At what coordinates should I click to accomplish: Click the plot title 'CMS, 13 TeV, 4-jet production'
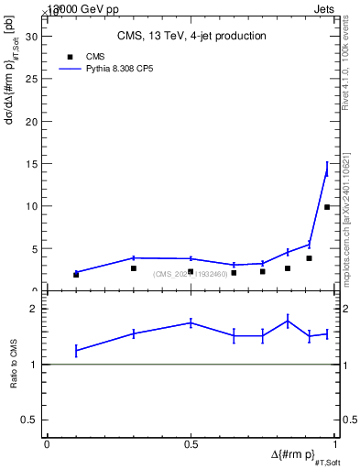click(191, 37)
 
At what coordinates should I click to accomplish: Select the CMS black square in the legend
click(71, 57)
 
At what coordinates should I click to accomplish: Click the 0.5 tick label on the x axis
click(191, 444)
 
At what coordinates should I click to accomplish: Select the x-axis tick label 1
click(335, 444)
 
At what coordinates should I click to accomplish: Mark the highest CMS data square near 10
click(327, 207)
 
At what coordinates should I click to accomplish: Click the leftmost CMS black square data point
click(76, 274)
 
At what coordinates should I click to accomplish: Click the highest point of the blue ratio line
click(288, 320)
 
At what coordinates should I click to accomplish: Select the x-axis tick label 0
click(47, 444)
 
